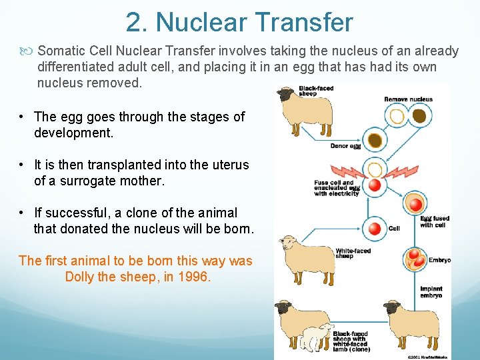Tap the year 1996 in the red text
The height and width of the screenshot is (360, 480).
click(x=193, y=277)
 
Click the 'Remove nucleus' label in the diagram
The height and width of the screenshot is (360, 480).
click(x=408, y=99)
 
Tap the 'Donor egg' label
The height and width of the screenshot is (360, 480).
click(x=345, y=146)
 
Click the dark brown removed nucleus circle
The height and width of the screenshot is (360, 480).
click(x=419, y=117)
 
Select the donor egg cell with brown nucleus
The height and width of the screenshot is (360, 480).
click(x=375, y=141)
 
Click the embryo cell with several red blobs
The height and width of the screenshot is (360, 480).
click(x=416, y=259)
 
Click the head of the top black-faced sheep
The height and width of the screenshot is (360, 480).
click(x=287, y=95)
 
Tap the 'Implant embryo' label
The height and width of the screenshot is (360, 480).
click(x=431, y=292)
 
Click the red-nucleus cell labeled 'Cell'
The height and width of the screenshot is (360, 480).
click(x=375, y=229)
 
